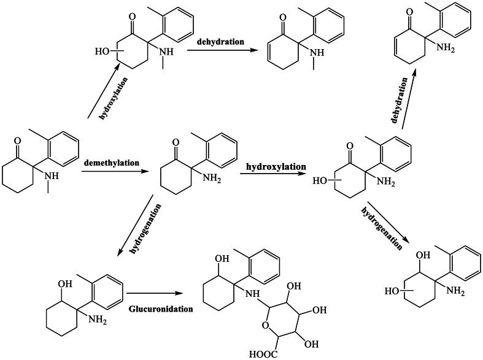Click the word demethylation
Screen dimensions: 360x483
click(111, 163)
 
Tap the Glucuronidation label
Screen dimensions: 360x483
click(161, 308)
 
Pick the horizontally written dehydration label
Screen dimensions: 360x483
click(221, 42)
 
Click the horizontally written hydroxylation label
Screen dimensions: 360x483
click(276, 166)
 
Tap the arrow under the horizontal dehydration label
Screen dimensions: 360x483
click(222, 51)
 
